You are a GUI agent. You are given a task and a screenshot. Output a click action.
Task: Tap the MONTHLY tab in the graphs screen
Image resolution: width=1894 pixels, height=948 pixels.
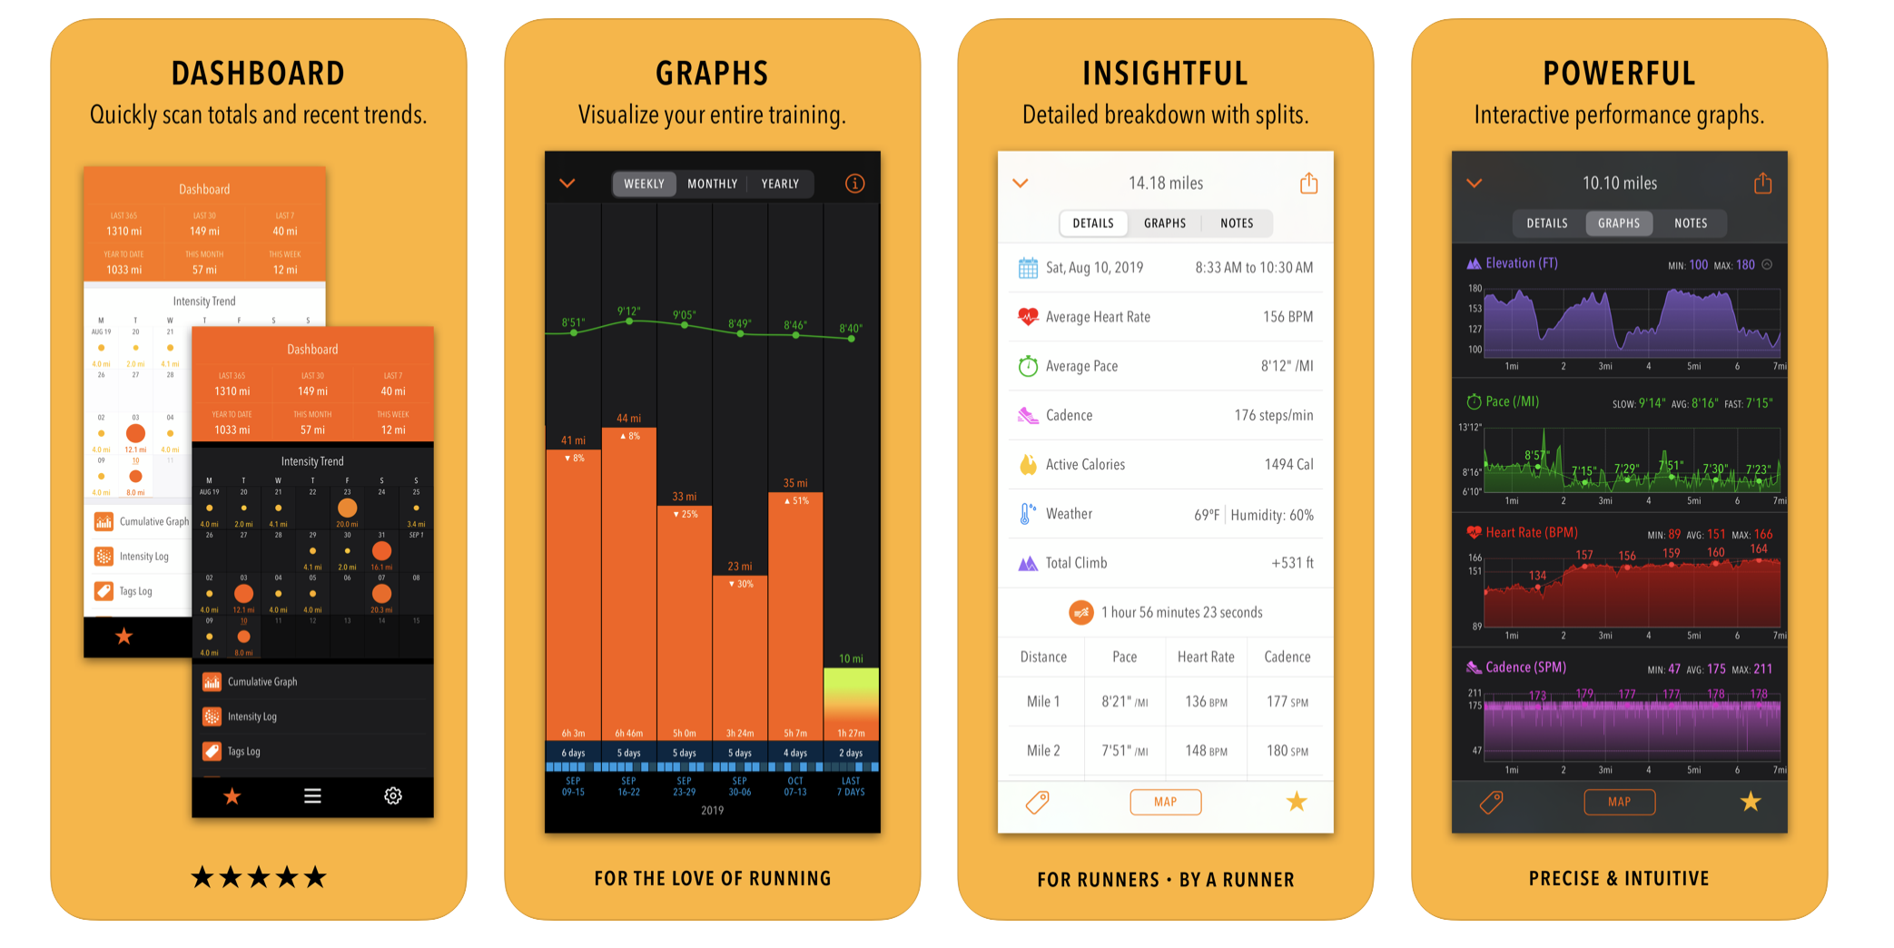click(712, 183)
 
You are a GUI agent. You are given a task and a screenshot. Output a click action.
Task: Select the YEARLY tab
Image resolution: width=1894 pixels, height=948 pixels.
click(780, 183)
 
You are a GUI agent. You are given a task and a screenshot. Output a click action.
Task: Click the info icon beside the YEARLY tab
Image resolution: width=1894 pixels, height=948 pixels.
click(854, 183)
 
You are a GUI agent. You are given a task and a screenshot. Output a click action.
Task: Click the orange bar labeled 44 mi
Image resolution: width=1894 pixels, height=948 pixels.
click(628, 581)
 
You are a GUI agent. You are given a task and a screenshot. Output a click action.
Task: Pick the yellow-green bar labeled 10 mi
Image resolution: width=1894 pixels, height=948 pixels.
click(851, 704)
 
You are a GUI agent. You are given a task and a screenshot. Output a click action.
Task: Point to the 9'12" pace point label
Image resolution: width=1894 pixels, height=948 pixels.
click(628, 311)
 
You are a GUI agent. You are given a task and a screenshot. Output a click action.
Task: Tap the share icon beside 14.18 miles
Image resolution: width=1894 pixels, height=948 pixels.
click(1308, 183)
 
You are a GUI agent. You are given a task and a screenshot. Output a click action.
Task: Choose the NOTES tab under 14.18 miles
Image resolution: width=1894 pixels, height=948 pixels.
click(1237, 223)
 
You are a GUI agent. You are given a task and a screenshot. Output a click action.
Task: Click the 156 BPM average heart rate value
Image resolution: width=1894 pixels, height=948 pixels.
click(1287, 317)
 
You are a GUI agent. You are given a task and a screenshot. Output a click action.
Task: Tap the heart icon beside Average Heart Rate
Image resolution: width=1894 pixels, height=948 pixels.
click(1028, 317)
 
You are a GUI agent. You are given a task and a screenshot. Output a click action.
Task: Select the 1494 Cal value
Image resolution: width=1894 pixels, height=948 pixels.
click(1288, 464)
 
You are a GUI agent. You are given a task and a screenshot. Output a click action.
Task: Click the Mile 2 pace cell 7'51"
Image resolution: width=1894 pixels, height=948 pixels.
click(1124, 751)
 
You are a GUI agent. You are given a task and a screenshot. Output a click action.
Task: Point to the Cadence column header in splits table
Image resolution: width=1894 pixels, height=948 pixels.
click(1287, 657)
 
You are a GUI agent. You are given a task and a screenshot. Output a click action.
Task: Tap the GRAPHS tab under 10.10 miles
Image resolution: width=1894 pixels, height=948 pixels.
click(1618, 223)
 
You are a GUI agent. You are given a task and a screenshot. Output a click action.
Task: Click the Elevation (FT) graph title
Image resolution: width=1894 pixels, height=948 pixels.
click(1521, 263)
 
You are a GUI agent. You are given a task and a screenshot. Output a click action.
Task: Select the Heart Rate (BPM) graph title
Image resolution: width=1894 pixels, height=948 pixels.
click(1531, 532)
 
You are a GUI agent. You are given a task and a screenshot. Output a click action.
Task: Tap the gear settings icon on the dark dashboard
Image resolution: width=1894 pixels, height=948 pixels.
click(393, 795)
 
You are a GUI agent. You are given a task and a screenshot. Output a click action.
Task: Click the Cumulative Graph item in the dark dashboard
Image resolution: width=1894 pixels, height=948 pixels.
click(262, 682)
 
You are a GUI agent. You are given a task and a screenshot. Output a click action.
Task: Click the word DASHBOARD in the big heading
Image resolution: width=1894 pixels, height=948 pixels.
click(258, 74)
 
